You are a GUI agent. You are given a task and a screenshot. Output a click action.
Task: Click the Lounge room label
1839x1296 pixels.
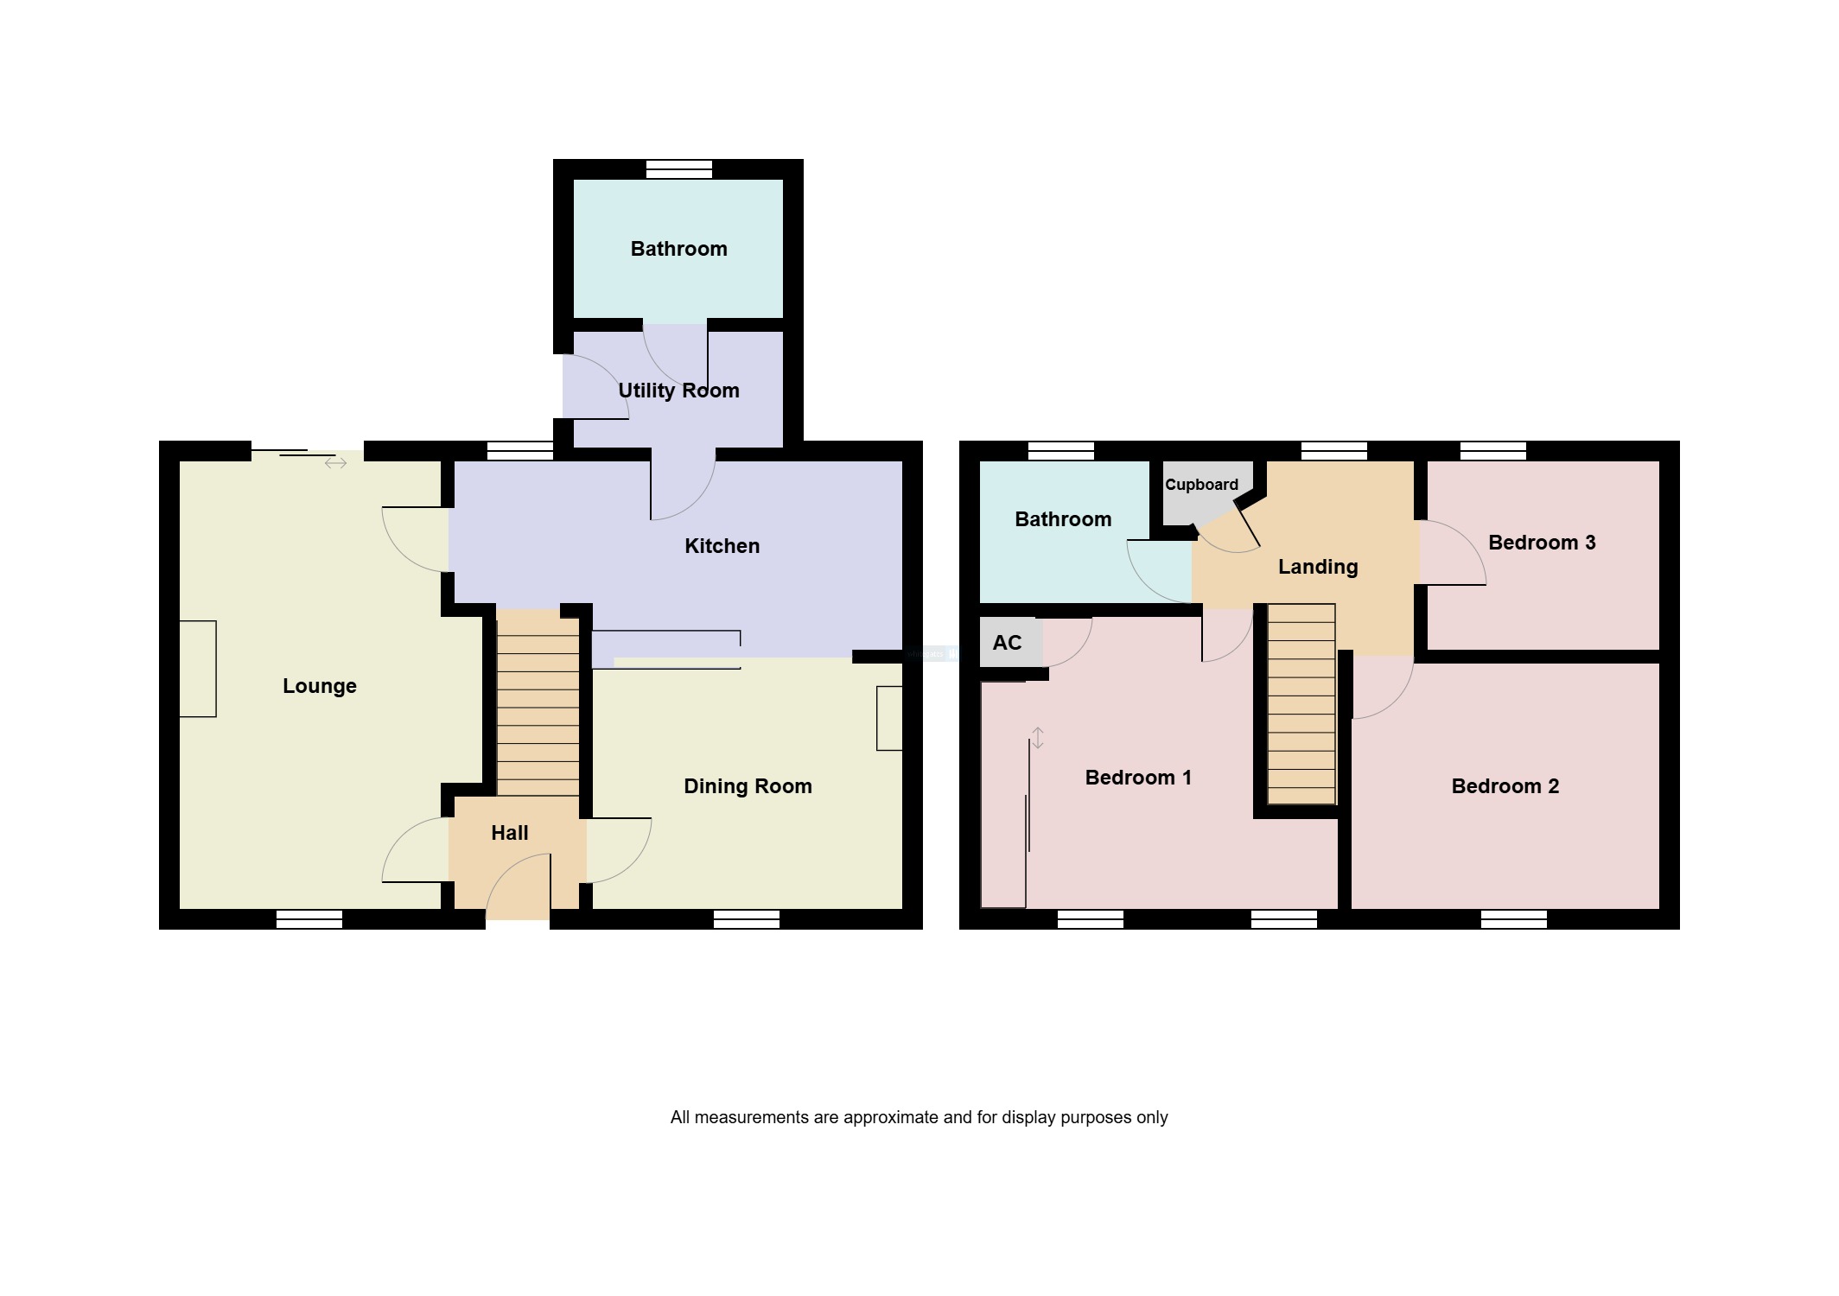[x=319, y=686]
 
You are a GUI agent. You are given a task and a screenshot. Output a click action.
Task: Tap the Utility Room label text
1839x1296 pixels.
[x=678, y=391]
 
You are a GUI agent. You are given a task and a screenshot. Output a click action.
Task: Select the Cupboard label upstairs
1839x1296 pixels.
[x=1201, y=485]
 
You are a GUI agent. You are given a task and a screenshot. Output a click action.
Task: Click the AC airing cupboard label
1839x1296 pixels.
[x=1007, y=643]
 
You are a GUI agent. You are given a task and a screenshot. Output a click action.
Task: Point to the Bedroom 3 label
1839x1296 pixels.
[x=1541, y=543]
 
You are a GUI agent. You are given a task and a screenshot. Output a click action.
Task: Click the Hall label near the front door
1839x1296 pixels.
[x=509, y=833]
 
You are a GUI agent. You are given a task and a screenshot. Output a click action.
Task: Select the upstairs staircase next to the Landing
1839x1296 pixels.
[x=1301, y=704]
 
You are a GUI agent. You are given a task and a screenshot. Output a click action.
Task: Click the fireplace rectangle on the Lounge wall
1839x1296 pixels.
[x=198, y=669]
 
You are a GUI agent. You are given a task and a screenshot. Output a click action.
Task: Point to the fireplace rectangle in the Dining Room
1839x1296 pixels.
[x=889, y=718]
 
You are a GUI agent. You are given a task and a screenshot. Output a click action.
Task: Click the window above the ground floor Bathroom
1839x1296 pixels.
[x=679, y=169]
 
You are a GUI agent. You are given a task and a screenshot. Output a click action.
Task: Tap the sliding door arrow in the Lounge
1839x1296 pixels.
[x=335, y=463]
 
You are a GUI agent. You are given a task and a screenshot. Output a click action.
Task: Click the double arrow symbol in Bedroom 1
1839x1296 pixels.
[x=1038, y=738]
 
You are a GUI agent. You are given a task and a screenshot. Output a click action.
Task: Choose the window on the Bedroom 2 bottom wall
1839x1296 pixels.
[x=1513, y=919]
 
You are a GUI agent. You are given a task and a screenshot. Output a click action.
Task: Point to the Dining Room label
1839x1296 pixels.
[x=748, y=786]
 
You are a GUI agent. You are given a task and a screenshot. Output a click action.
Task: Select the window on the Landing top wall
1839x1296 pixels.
[x=1333, y=450]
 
